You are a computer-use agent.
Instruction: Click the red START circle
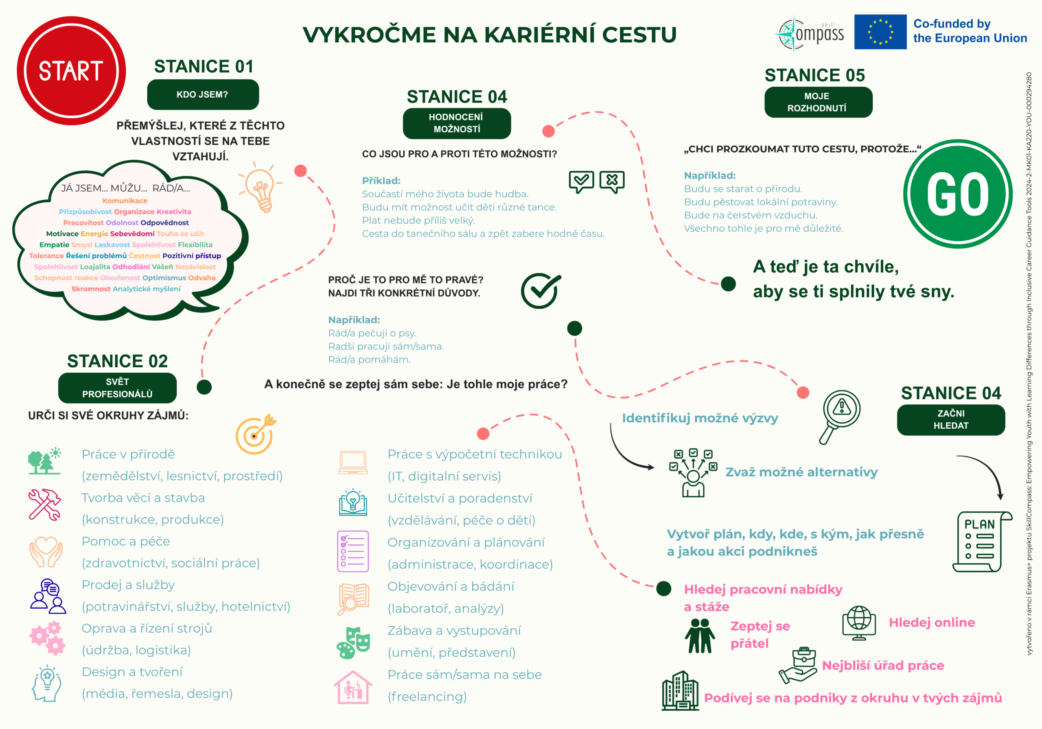[71, 71]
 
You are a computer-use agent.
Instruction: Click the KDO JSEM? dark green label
[203, 94]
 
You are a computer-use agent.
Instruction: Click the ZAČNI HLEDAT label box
[951, 419]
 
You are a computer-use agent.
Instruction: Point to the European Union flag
[880, 32]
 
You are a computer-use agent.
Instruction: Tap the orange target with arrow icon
[256, 434]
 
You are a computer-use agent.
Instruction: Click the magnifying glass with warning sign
[840, 415]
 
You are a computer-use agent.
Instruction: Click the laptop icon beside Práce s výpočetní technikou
[352, 462]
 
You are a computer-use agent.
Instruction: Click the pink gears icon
[47, 638]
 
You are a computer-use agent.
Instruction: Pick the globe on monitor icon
[859, 622]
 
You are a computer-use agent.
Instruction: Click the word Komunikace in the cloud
[125, 201]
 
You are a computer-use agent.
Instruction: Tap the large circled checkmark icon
[540, 291]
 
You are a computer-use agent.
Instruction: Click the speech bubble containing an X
[612, 181]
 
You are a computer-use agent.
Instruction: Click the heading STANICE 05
[814, 75]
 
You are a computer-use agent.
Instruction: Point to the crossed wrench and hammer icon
[44, 504]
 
